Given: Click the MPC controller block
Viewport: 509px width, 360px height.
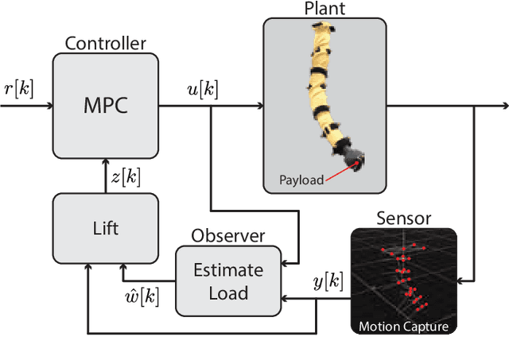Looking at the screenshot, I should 106,105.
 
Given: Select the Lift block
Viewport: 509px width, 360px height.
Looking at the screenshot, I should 106,228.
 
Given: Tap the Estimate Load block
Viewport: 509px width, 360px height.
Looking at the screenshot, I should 228,281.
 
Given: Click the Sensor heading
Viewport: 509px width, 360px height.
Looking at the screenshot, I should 403,218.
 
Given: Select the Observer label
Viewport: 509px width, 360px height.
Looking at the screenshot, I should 228,237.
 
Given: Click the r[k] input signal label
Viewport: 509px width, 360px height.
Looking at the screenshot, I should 19,88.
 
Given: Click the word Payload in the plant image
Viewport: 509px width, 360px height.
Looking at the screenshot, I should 301,180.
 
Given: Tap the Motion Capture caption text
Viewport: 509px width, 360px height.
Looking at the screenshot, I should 403,326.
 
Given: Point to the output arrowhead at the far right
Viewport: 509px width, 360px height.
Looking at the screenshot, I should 503,105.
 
